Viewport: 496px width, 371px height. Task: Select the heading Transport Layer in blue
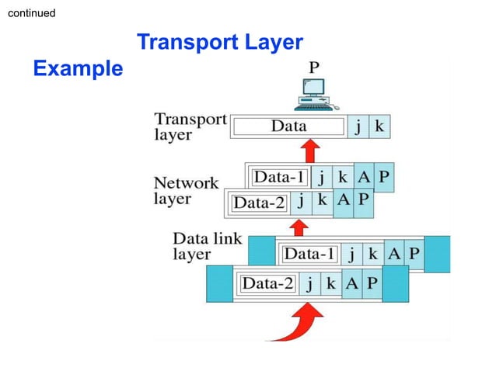pyautogui.click(x=219, y=42)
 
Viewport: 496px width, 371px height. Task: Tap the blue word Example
pyautogui.click(x=78, y=69)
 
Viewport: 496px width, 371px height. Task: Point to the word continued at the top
pyautogui.click(x=31, y=13)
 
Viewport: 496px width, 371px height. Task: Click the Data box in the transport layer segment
pyautogui.click(x=288, y=127)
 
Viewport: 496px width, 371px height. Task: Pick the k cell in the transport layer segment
pyautogui.click(x=379, y=127)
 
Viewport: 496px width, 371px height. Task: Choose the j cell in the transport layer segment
pyautogui.click(x=358, y=127)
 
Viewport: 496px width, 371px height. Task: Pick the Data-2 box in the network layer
pyautogui.click(x=260, y=203)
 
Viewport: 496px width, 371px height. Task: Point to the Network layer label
pyautogui.click(x=186, y=191)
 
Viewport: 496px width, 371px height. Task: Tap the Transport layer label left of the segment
pyautogui.click(x=190, y=127)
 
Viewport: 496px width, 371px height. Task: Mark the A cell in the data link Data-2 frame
pyautogui.click(x=351, y=283)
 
